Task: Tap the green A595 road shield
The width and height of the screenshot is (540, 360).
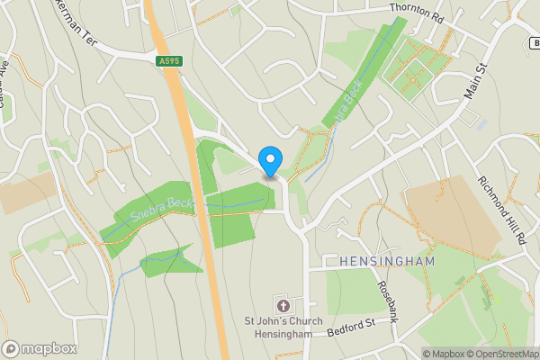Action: tap(167, 60)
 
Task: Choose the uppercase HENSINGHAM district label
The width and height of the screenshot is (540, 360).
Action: tap(387, 261)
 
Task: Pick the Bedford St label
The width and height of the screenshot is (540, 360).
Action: tap(351, 324)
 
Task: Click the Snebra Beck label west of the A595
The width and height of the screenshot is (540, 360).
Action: tap(162, 210)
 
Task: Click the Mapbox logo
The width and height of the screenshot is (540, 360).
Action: tap(40, 348)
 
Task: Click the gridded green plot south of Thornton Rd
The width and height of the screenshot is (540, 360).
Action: tap(417, 68)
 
